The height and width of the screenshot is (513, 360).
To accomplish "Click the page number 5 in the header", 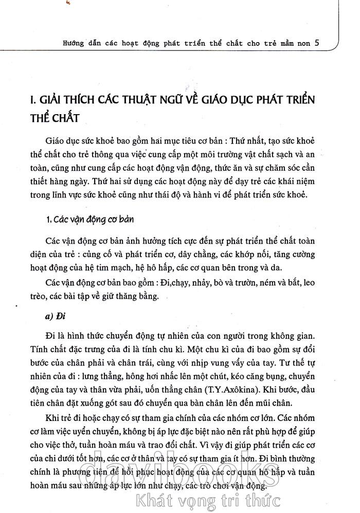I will tap(317, 43).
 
